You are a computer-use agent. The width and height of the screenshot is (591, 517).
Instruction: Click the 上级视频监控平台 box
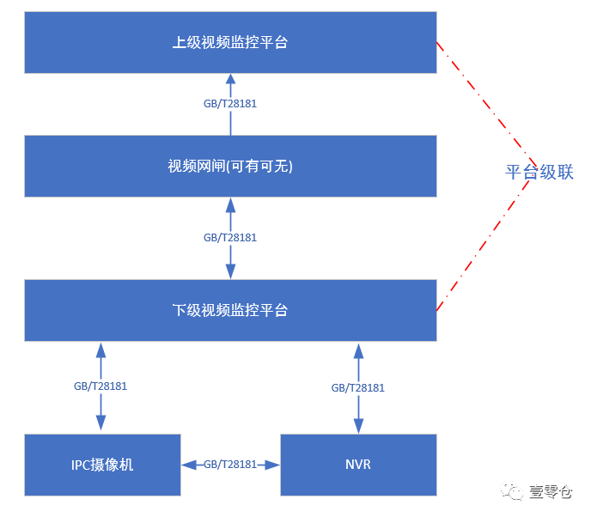point(230,42)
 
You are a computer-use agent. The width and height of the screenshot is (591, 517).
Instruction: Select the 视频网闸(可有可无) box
point(230,166)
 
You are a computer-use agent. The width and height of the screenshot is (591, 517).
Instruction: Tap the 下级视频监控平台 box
point(230,310)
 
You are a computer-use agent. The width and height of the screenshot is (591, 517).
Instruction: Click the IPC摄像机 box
point(102,465)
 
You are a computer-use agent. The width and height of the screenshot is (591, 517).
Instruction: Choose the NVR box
point(358,465)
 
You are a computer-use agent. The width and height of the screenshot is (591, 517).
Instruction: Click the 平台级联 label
point(539,173)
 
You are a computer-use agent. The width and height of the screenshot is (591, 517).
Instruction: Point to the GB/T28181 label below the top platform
point(229,104)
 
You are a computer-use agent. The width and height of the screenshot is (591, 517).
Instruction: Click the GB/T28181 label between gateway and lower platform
point(229,237)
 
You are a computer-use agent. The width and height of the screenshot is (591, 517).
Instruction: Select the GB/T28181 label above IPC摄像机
point(101,386)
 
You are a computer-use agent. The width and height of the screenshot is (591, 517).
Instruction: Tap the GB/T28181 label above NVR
point(357,387)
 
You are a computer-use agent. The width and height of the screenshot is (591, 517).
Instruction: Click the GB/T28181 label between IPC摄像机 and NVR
point(230,465)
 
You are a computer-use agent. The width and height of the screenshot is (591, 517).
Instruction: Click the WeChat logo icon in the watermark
point(513,491)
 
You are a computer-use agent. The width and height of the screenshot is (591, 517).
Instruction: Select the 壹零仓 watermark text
point(551,491)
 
